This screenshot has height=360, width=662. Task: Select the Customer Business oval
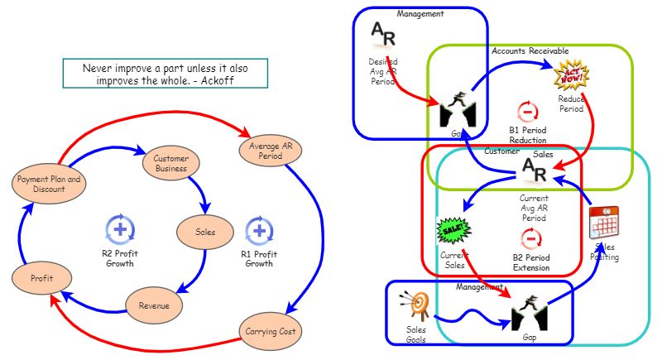click(171, 162)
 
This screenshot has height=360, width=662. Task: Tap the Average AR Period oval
click(266, 151)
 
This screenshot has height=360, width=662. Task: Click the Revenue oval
click(154, 306)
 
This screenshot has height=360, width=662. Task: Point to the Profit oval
click(41, 278)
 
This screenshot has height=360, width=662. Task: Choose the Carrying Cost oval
click(271, 331)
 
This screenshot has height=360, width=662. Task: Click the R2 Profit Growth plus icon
click(120, 228)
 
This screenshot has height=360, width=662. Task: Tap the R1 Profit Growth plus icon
click(258, 228)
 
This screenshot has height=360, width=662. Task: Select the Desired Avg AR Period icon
click(383, 33)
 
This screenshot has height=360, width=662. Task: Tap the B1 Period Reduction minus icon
click(527, 111)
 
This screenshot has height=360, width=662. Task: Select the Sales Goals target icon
click(415, 305)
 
